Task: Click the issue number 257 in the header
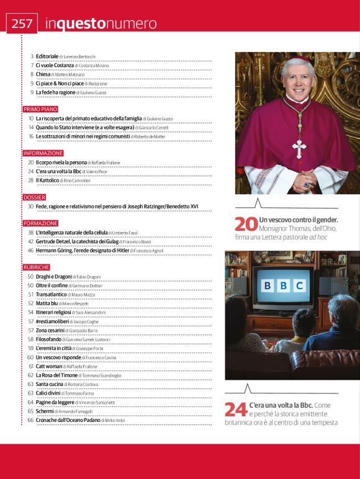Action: click(x=22, y=23)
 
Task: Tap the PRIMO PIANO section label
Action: click(x=40, y=109)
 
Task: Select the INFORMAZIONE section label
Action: click(x=43, y=153)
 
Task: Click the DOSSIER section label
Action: click(x=34, y=197)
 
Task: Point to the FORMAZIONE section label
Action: click(x=41, y=223)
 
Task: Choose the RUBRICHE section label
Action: click(x=37, y=267)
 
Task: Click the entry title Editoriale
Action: click(x=47, y=56)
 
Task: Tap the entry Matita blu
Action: click(x=47, y=303)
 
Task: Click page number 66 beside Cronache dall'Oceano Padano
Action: click(x=30, y=420)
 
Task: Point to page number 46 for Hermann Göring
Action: click(x=30, y=250)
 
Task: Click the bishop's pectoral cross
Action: click(x=300, y=147)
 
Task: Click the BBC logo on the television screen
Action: click(x=283, y=285)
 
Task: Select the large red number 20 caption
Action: click(x=246, y=224)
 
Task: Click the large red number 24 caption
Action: click(x=236, y=409)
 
